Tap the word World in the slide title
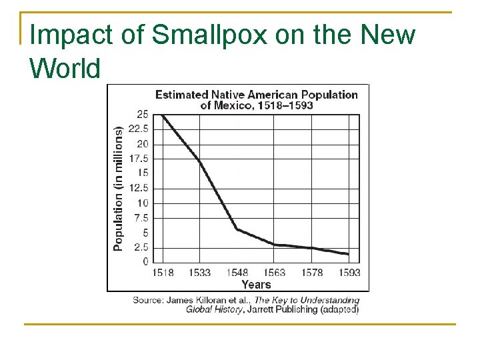(65, 67)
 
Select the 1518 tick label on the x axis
(163, 273)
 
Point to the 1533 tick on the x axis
(199, 273)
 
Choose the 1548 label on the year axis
(237, 273)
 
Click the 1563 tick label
(274, 273)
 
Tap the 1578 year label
(311, 273)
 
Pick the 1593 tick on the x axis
(349, 273)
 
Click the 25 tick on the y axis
(142, 115)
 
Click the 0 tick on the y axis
(145, 262)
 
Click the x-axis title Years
(256, 285)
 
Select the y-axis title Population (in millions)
(119, 189)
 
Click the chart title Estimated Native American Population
(257, 95)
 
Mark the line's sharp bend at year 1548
(237, 229)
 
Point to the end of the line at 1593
(348, 254)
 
